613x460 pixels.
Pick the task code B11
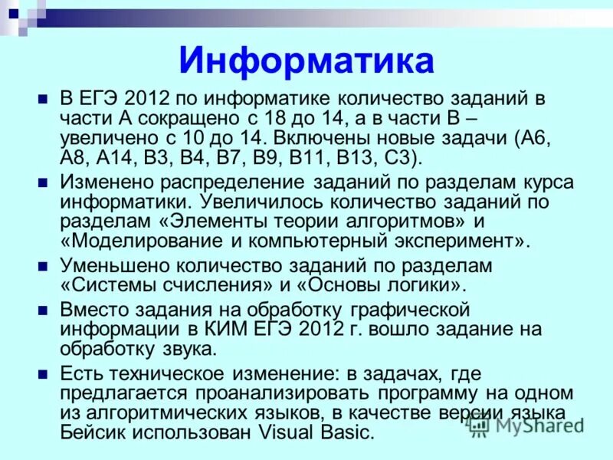pyautogui.click(x=299, y=159)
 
